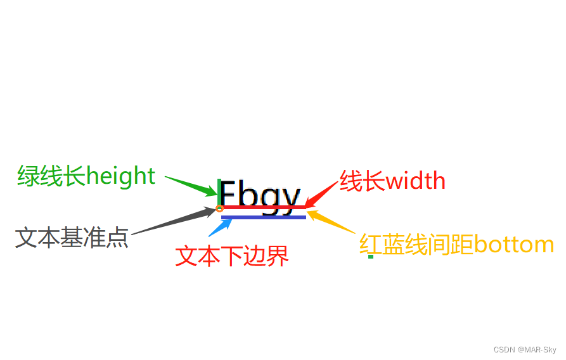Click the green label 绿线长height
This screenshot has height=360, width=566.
[86, 176]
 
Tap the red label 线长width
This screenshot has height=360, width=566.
[392, 181]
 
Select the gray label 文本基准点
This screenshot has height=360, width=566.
[72, 238]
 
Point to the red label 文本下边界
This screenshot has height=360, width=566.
[232, 255]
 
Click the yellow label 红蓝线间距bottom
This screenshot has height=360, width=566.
[456, 245]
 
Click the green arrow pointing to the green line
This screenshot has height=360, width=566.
[191, 184]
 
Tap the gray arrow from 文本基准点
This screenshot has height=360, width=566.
[174, 221]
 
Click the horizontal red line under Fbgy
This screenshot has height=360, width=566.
[264, 207]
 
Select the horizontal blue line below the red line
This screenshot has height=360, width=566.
[264, 217]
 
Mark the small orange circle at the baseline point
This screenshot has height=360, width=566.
[219, 209]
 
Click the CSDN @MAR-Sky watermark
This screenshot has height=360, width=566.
[524, 350]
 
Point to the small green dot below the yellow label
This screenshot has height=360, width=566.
[371, 257]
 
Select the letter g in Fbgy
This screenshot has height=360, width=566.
[269, 197]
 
